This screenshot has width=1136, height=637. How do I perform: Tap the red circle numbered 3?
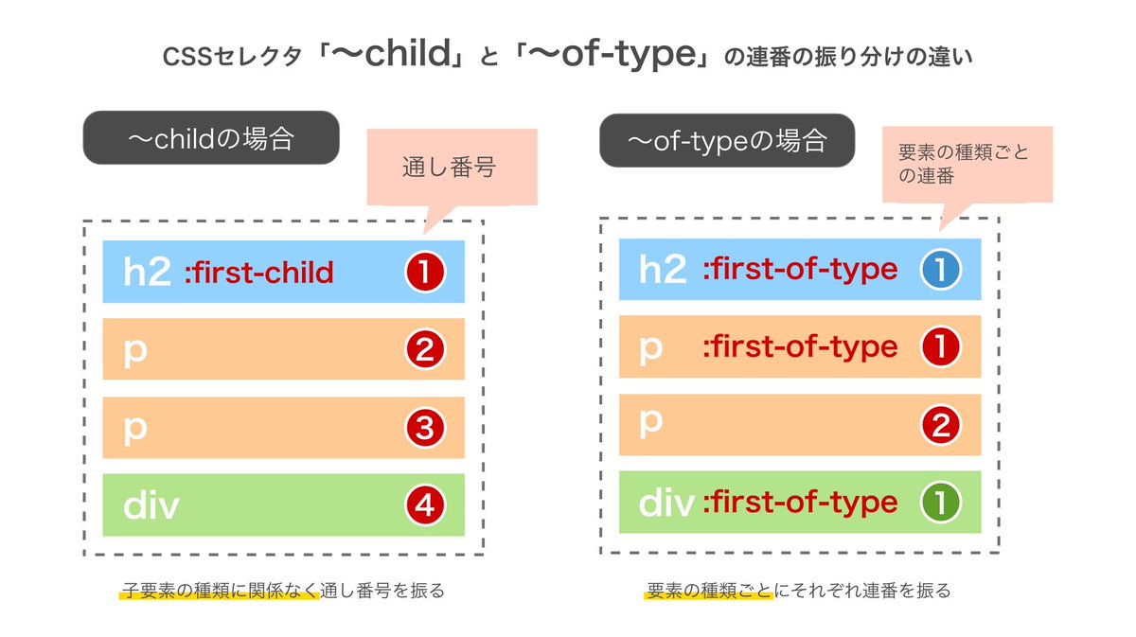pyautogui.click(x=424, y=428)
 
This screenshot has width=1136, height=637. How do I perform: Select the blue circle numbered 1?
pyautogui.click(x=940, y=271)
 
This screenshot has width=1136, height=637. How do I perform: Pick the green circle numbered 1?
pyautogui.click(x=940, y=503)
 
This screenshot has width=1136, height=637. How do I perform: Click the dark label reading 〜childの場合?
pyautogui.click(x=211, y=138)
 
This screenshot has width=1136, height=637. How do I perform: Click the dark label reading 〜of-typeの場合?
pyautogui.click(x=727, y=141)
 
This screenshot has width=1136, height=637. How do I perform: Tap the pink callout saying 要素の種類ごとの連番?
pyautogui.click(x=966, y=163)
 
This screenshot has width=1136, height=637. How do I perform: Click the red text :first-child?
pyautogui.click(x=258, y=274)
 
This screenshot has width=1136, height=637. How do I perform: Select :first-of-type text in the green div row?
pyautogui.click(x=799, y=502)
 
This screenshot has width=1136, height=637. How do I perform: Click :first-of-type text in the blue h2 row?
pyautogui.click(x=799, y=270)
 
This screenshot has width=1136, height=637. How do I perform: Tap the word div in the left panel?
pyautogui.click(x=151, y=505)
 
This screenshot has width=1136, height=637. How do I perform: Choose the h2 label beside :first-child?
pyautogui.click(x=147, y=273)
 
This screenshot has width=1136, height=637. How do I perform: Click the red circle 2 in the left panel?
pyautogui.click(x=424, y=350)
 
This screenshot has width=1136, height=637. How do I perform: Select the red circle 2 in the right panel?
pyautogui.click(x=940, y=424)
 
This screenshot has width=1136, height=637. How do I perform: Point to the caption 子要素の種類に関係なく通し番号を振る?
pyautogui.click(x=282, y=592)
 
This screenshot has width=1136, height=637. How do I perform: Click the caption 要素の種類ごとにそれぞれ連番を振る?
pyautogui.click(x=798, y=592)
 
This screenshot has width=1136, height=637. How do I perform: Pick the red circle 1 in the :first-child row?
pyautogui.click(x=424, y=273)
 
